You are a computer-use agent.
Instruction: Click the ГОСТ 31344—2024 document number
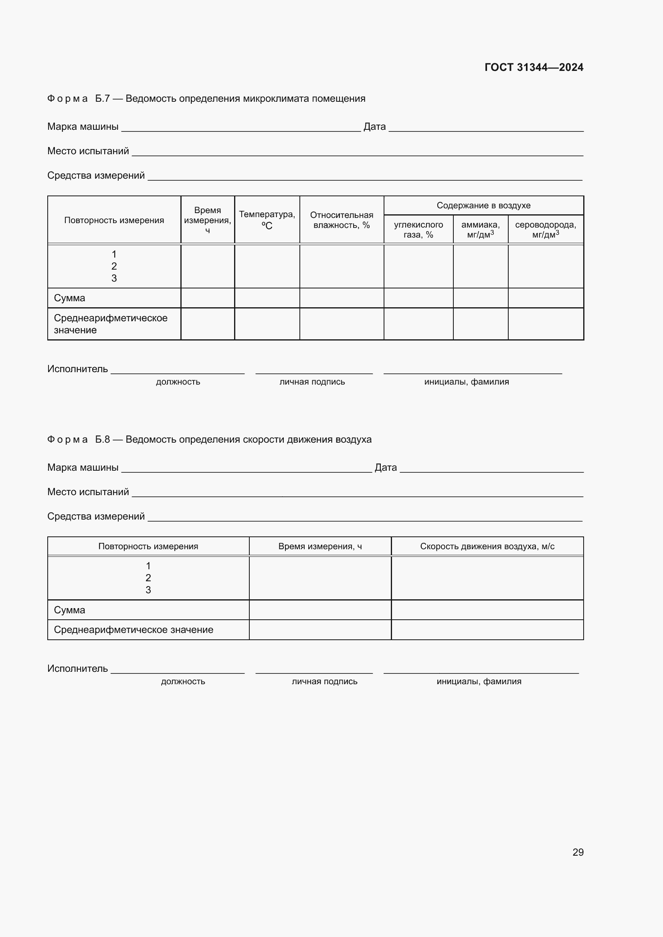pyautogui.click(x=534, y=67)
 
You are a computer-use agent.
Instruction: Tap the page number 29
pyautogui.click(x=578, y=852)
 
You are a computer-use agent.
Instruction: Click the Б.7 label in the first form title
pyautogui.click(x=102, y=99)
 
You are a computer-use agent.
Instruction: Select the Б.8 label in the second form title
pyautogui.click(x=102, y=439)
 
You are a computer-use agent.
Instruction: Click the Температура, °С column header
pyautogui.click(x=267, y=220)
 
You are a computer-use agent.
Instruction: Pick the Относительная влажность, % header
pyautogui.click(x=341, y=220)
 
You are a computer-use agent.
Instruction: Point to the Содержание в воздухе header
pyautogui.click(x=483, y=205)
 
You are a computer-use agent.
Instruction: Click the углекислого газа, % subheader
pyautogui.click(x=418, y=230)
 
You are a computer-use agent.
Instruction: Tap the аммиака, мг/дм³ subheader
pyautogui.click(x=480, y=230)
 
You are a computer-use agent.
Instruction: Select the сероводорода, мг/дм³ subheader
pyautogui.click(x=546, y=230)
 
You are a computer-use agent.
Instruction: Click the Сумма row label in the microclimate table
pyautogui.click(x=69, y=298)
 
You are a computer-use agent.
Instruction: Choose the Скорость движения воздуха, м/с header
pyautogui.click(x=487, y=546)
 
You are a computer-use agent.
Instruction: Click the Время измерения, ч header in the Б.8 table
pyautogui.click(x=320, y=546)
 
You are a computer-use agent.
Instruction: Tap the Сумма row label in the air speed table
pyautogui.click(x=69, y=610)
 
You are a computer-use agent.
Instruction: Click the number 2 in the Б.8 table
pyautogui.click(x=148, y=578)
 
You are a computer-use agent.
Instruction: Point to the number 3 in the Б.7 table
pyautogui.click(x=114, y=278)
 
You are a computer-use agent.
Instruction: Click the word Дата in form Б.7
pyautogui.click(x=374, y=127)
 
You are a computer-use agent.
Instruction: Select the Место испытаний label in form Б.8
pyautogui.click(x=88, y=492)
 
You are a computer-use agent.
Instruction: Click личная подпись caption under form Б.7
pyautogui.click(x=312, y=382)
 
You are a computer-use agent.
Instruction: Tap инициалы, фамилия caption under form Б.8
pyautogui.click(x=479, y=681)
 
